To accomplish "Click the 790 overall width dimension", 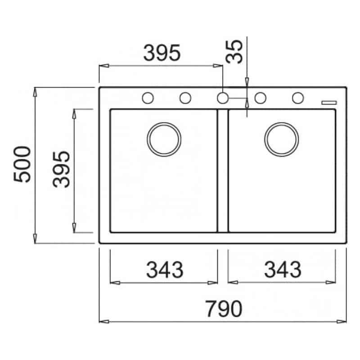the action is pos(224,309).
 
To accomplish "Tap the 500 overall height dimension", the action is pos(22,164).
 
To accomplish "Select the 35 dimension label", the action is pos(234,52).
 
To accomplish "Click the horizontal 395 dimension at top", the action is pos(162,53).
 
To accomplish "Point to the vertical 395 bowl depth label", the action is pos(61,170).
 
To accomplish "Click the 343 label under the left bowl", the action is pos(165,270).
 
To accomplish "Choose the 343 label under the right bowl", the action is pos(283,270).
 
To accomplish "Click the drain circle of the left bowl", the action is pos(164,123).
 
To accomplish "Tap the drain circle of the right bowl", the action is pos(282,123).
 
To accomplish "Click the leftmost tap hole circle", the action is pos(148,93).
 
